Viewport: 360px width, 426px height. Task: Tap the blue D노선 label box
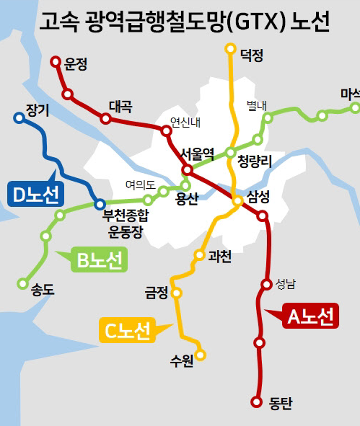click(36, 193)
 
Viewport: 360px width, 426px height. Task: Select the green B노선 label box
click(99, 260)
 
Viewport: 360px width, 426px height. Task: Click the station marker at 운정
click(56, 62)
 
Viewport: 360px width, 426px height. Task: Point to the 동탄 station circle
click(255, 401)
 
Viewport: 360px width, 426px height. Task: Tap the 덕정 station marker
click(230, 49)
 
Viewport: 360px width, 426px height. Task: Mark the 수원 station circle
click(201, 355)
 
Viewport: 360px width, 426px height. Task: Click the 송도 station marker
click(25, 283)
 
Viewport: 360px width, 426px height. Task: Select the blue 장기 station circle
click(19, 117)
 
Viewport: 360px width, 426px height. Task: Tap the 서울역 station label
click(197, 154)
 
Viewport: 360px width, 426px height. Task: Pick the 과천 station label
click(219, 255)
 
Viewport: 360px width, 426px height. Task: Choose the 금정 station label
click(156, 293)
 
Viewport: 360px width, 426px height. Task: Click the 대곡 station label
click(120, 107)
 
